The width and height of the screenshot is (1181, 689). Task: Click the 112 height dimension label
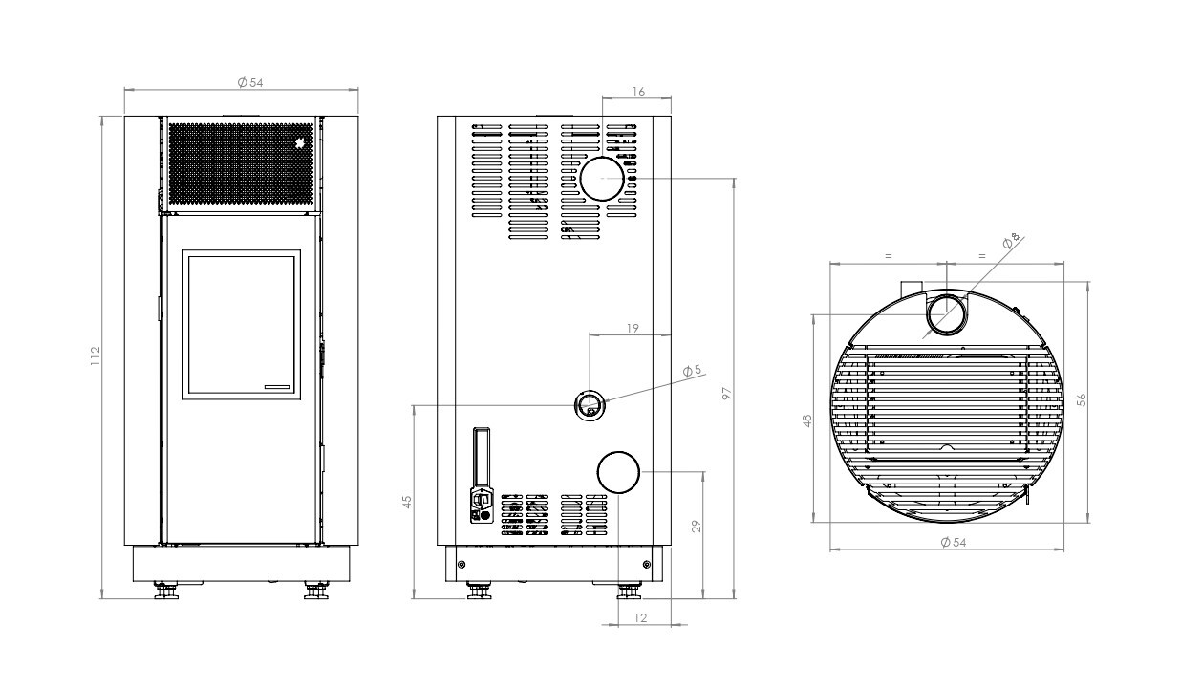(95, 356)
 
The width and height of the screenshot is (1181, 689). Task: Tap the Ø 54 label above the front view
(250, 83)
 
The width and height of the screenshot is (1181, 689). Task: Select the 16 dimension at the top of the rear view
(638, 92)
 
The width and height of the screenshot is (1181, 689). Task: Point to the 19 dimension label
(633, 329)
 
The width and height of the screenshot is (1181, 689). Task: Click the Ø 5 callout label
(692, 371)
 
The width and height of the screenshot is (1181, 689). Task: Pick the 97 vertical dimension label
(727, 394)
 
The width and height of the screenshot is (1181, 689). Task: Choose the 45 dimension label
(407, 502)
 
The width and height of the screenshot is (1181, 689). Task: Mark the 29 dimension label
(697, 527)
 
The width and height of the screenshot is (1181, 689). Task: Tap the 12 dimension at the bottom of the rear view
(640, 618)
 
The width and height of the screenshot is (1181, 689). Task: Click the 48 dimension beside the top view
(807, 420)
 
